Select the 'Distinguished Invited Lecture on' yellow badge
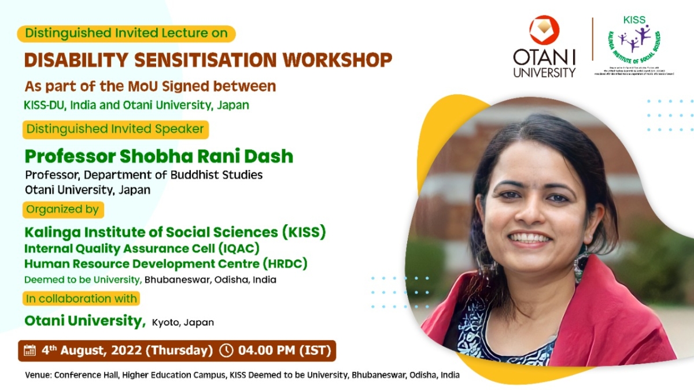pos(126,33)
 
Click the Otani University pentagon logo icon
pos(544,30)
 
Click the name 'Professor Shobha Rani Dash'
pos(159,156)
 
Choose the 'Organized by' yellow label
pos(63,209)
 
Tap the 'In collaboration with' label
pos(81,299)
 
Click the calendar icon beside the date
pos(29,350)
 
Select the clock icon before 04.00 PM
pos(227,350)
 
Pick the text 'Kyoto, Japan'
pos(183,322)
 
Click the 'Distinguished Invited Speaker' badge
pos(115,129)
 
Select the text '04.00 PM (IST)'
pos(283,350)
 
